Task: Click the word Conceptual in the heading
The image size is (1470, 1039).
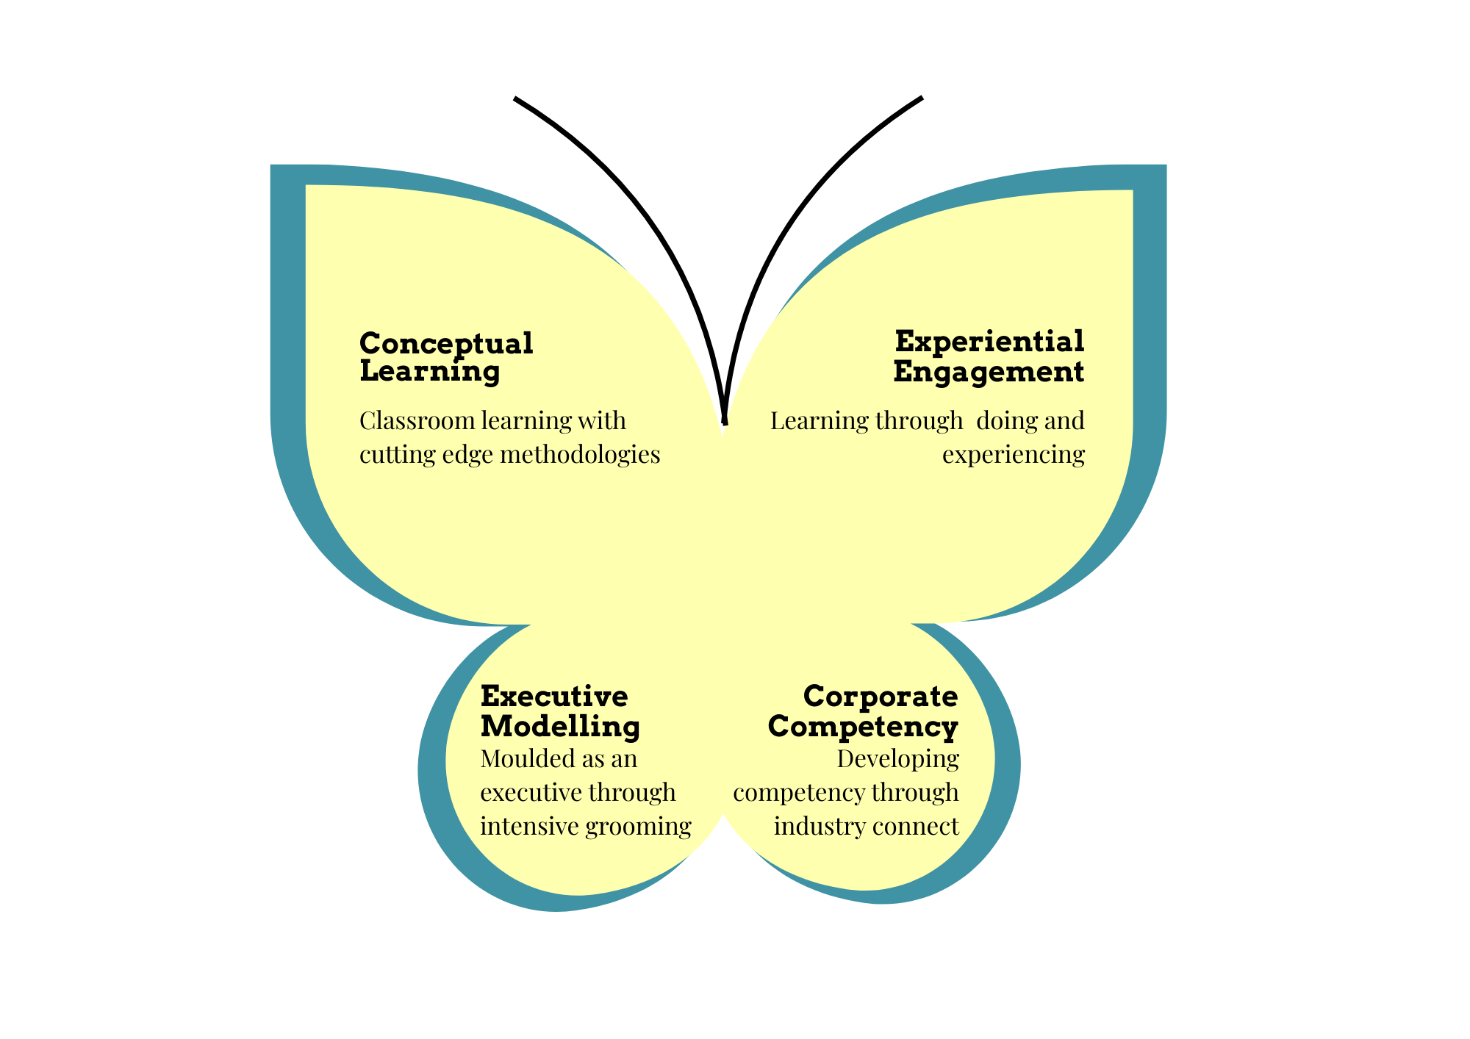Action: pos(446,344)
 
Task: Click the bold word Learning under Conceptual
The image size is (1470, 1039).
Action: pos(430,371)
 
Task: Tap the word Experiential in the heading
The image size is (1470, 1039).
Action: pos(989,342)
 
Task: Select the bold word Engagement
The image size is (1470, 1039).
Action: pos(989,372)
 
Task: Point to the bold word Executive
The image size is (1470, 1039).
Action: pos(554,696)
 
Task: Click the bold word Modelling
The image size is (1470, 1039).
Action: pos(560,727)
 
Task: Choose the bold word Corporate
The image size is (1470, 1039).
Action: pos(881,696)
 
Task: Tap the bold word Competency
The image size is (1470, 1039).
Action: pos(863,727)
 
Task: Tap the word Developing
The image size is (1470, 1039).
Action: pos(897,758)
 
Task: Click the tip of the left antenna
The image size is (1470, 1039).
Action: pos(516,98)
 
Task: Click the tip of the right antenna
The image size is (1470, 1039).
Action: pos(920,98)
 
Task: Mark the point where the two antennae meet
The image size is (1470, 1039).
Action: pos(725,423)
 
